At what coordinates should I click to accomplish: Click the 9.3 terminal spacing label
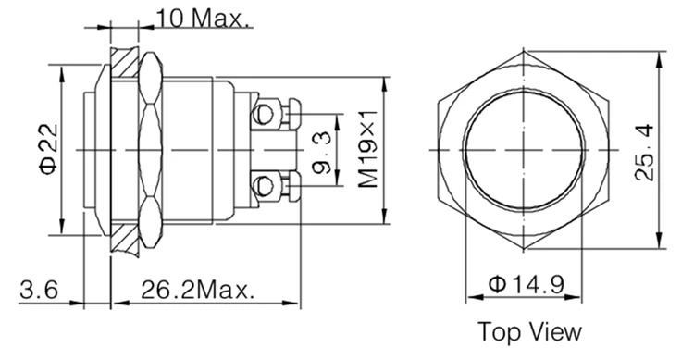click(x=321, y=150)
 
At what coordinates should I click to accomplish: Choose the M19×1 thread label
click(x=367, y=149)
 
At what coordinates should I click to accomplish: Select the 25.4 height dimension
click(x=645, y=149)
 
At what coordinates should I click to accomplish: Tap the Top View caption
click(x=528, y=330)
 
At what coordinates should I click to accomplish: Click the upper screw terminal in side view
click(x=267, y=116)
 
